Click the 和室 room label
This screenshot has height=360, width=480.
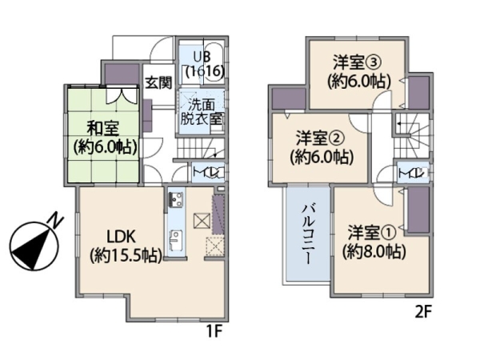tap(104, 136)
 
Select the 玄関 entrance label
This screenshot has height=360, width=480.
tap(158, 82)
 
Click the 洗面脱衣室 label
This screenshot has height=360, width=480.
tap(202, 111)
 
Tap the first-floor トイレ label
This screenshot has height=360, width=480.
tap(205, 172)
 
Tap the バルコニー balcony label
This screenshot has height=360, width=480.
tap(307, 237)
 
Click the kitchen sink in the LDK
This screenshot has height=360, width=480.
tap(174, 238)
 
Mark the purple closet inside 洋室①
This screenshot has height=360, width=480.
tap(418, 210)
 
